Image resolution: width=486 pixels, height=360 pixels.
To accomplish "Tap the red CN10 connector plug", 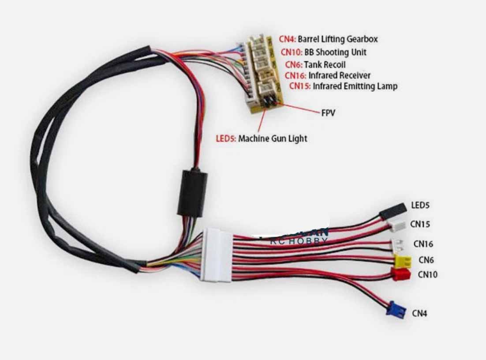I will pos(400,274).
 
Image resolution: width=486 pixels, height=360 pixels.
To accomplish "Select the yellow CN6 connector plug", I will pos(402,261).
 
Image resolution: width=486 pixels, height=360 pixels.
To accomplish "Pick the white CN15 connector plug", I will pos(397,225).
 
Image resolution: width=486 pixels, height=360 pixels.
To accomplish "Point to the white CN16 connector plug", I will pos(399,244).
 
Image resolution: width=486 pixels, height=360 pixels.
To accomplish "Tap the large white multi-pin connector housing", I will pos(216,255).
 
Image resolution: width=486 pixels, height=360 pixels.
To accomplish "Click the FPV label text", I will pos(328,113).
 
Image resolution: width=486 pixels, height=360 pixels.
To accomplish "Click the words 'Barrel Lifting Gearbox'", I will pos(338,39).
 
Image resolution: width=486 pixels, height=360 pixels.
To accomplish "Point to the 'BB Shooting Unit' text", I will pos(335,52).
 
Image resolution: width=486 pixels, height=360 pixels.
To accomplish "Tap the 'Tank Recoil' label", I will pos(325,65).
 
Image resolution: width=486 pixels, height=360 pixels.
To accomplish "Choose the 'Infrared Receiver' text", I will pos(339,75).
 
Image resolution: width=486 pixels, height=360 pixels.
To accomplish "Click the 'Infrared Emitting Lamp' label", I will pos(355,86).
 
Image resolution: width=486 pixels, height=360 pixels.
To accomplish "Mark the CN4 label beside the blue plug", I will pos(419,313).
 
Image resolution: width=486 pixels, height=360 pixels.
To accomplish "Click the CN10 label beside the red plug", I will pos(427,274).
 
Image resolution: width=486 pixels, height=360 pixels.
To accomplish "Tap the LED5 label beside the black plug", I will pos(420,205).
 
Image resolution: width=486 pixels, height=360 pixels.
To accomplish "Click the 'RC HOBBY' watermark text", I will pos(299,240).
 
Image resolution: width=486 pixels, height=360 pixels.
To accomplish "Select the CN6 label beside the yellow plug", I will pos(426,260).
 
